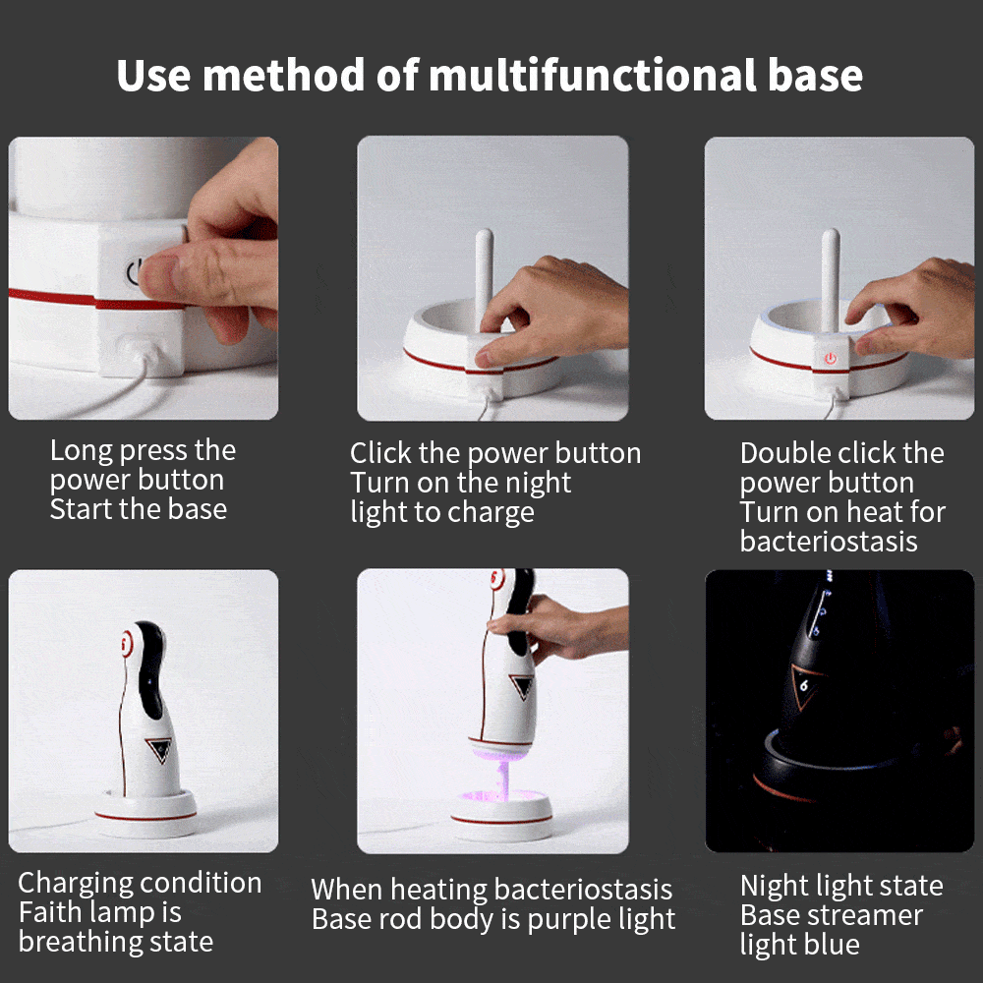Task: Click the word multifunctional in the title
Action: pyautogui.click(x=593, y=76)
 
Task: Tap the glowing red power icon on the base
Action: pyautogui.click(x=831, y=359)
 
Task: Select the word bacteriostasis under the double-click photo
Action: pyautogui.click(x=828, y=541)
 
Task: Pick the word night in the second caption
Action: pyautogui.click(x=538, y=484)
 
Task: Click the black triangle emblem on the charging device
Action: pyautogui.click(x=160, y=748)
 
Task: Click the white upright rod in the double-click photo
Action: pyautogui.click(x=831, y=279)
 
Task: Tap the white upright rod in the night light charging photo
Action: pyautogui.click(x=484, y=279)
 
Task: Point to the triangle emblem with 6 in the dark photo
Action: pyautogui.click(x=806, y=686)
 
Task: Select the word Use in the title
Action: pyautogui.click(x=153, y=76)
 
